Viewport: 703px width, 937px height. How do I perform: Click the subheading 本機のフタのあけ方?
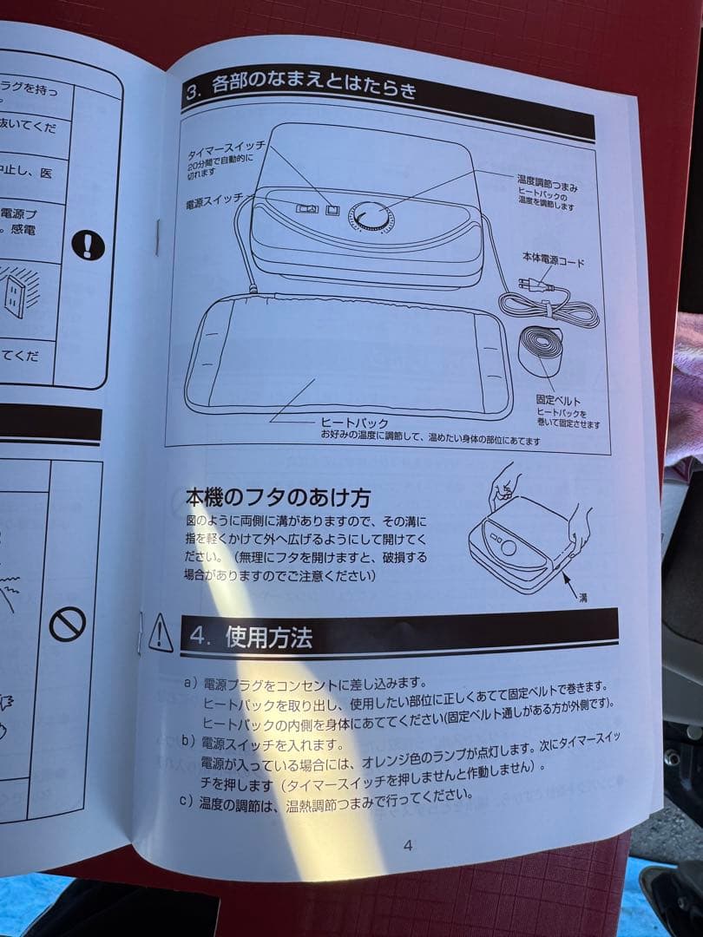(x=278, y=498)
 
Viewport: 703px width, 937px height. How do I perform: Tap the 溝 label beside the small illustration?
(x=582, y=599)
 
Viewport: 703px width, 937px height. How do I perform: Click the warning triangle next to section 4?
(x=161, y=634)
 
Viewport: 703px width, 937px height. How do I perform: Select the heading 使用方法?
(x=268, y=638)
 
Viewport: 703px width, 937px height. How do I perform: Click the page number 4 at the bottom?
(x=408, y=846)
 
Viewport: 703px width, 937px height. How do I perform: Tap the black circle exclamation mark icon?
(x=88, y=245)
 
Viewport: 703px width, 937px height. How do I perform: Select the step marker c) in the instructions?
(x=185, y=800)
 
